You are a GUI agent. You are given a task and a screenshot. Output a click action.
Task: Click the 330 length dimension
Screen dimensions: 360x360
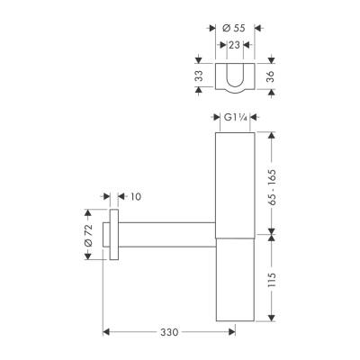click(x=167, y=331)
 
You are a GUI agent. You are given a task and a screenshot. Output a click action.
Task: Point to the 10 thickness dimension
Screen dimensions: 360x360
click(x=135, y=195)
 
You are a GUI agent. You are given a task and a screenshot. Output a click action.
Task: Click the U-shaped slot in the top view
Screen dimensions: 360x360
click(x=235, y=78)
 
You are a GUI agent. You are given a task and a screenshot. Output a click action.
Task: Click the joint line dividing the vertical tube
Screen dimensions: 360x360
click(x=236, y=238)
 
